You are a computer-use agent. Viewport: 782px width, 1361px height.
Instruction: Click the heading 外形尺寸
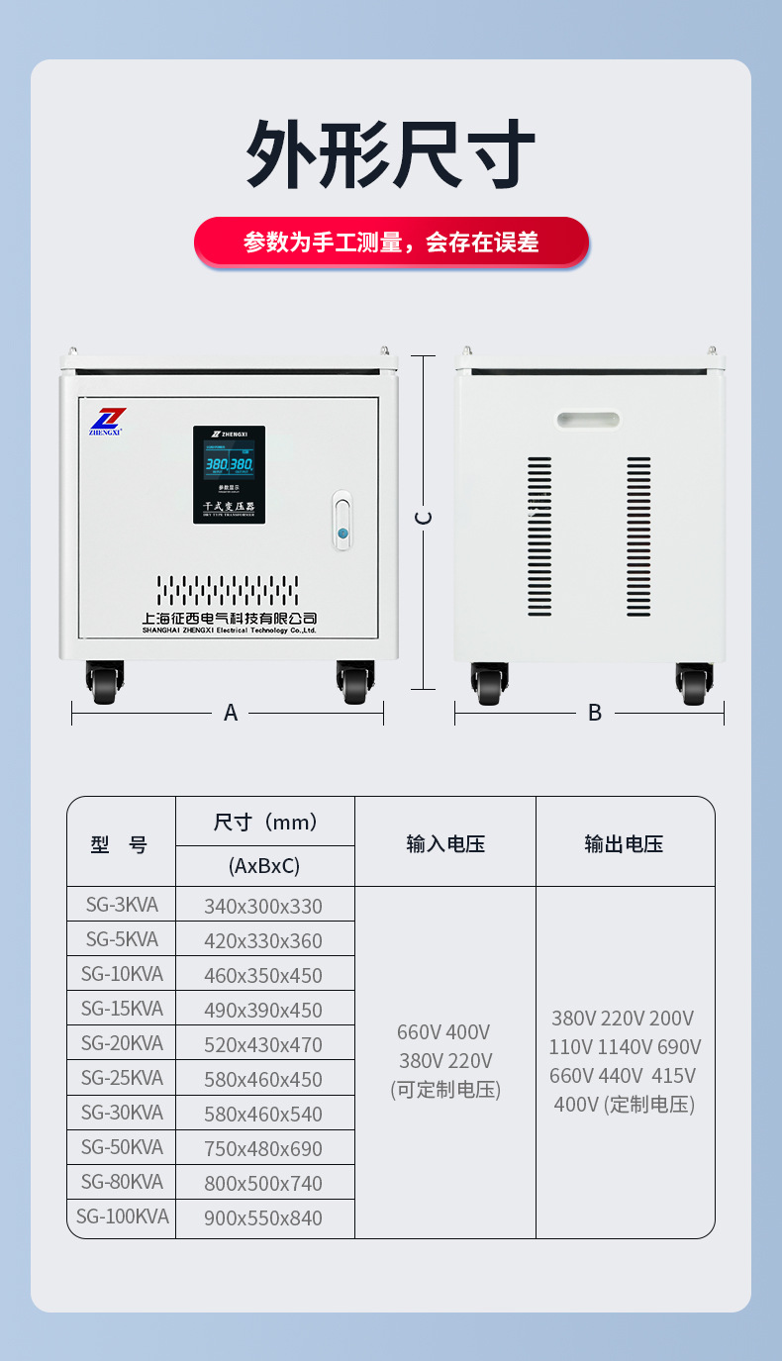click(x=391, y=154)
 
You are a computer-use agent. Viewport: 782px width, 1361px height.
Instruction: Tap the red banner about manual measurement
click(x=391, y=243)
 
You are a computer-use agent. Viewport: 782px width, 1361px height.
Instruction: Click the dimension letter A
click(x=231, y=713)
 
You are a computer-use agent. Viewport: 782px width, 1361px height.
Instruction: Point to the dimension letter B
click(x=594, y=713)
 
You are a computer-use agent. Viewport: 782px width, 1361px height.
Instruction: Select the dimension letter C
click(x=424, y=518)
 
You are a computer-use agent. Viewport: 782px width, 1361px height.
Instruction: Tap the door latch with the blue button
click(x=342, y=521)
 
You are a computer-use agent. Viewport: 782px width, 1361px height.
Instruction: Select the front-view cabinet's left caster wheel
click(x=105, y=683)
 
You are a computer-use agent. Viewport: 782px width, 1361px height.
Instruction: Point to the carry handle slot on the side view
click(x=588, y=420)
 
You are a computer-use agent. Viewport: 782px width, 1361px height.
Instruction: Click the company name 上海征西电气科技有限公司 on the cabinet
click(x=229, y=619)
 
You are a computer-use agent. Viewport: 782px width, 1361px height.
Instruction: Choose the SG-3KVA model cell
click(x=122, y=905)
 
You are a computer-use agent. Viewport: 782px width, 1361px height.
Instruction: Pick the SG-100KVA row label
click(x=122, y=1216)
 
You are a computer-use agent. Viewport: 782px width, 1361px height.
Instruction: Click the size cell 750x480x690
click(x=263, y=1148)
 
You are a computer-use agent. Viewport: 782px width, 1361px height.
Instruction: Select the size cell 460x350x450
click(x=263, y=975)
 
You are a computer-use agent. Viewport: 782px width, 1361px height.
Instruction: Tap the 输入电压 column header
click(x=445, y=843)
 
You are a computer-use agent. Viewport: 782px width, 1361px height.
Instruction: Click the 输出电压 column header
click(x=624, y=843)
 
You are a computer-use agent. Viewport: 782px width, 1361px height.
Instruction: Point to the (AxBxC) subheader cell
click(x=264, y=866)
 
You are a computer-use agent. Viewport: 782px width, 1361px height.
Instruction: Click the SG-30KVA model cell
click(x=122, y=1113)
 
